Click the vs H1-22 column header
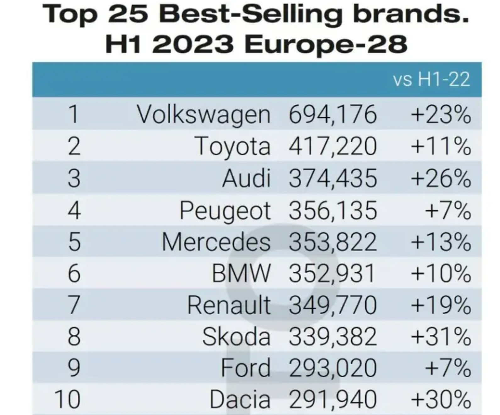tap(431, 79)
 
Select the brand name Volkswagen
tap(203, 115)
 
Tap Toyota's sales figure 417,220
tap(332, 146)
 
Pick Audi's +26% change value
tap(441, 178)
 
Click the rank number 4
tap(74, 210)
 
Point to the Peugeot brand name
tap(225, 210)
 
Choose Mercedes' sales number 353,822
tap(332, 242)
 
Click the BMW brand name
tap(241, 273)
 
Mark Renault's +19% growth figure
tap(441, 305)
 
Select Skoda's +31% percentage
tap(441, 337)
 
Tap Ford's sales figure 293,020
tap(332, 368)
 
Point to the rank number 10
tap(68, 399)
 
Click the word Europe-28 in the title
tap(326, 44)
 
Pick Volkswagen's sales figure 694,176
tap(332, 115)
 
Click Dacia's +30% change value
tap(441, 399)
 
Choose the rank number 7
tap(74, 305)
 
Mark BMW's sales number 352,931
tap(332, 273)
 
